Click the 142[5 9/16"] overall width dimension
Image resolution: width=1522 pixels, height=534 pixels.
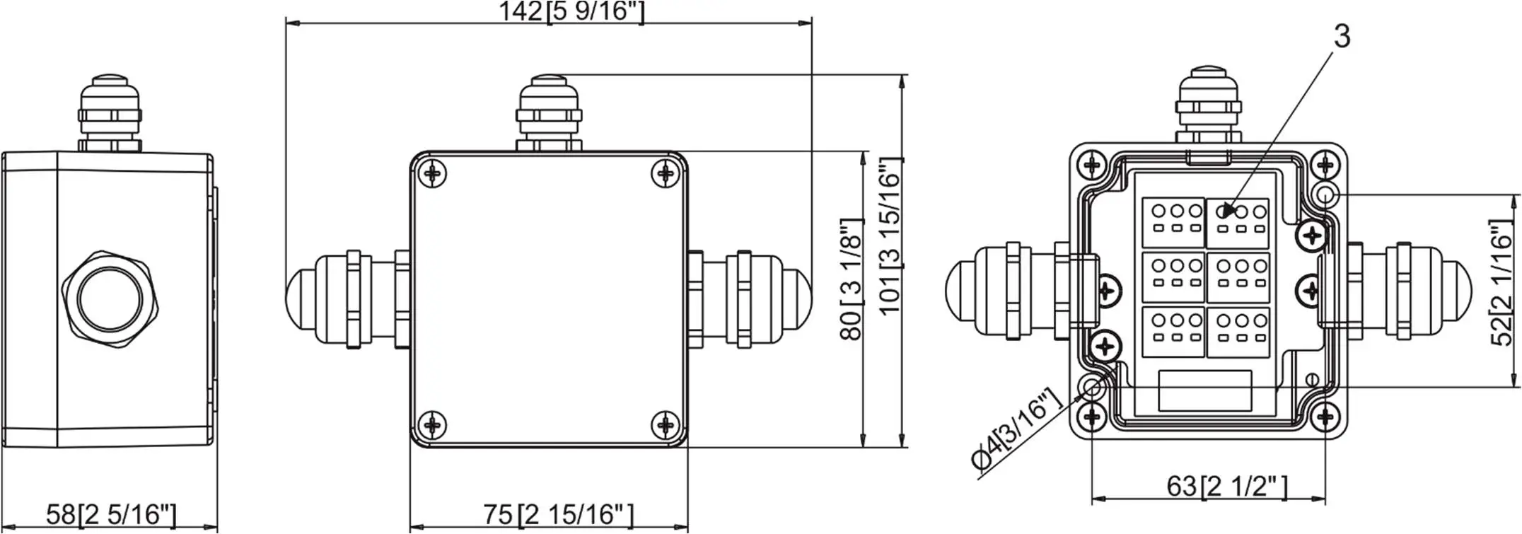(571, 12)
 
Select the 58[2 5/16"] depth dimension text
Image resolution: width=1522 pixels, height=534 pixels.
(111, 514)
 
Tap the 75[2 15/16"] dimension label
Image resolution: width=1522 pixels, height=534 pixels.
(558, 514)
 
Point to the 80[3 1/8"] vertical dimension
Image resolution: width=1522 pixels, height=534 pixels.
(852, 279)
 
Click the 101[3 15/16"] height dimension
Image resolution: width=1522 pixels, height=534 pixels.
(890, 237)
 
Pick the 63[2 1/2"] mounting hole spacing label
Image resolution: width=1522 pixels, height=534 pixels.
(1226, 487)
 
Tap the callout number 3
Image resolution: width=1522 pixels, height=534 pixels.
(1342, 37)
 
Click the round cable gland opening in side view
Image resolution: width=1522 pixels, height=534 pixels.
(109, 298)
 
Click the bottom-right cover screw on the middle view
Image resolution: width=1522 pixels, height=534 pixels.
(665, 424)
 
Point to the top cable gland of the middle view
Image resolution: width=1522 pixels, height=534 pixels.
(549, 113)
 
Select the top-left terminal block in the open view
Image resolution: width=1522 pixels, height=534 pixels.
(1173, 221)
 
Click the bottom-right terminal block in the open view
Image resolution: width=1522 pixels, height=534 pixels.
(1238, 332)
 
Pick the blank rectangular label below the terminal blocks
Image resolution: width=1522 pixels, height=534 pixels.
(1205, 390)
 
